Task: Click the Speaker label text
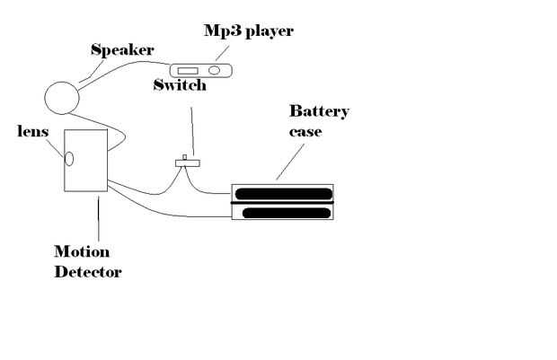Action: (x=122, y=50)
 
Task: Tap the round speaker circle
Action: (x=63, y=97)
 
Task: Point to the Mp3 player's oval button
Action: (x=216, y=68)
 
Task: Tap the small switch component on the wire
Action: (x=186, y=162)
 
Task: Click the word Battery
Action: (x=318, y=111)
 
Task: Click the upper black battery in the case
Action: (x=282, y=194)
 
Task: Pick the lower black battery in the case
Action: (x=282, y=213)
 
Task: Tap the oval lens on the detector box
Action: (x=68, y=159)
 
